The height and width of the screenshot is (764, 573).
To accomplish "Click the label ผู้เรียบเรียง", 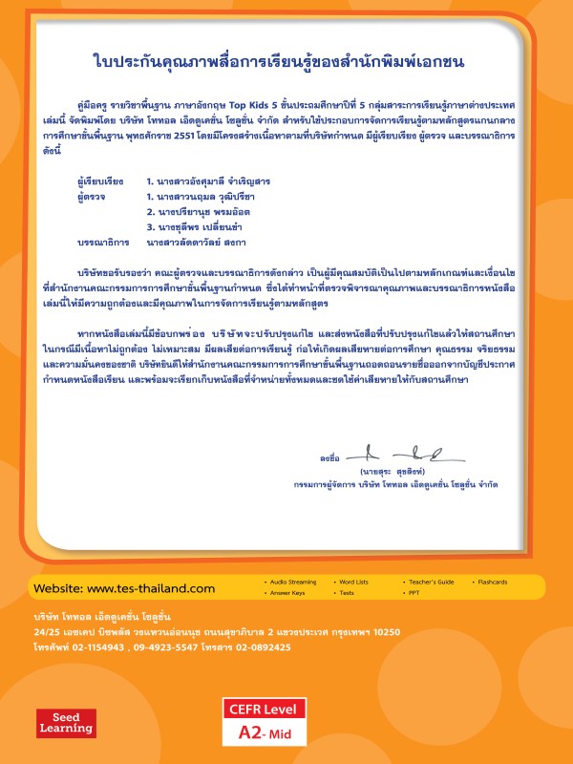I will click(x=99, y=180).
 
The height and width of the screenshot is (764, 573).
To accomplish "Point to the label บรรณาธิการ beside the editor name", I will click(x=99, y=243).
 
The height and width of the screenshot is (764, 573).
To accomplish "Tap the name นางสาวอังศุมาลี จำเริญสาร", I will click(x=206, y=180).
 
